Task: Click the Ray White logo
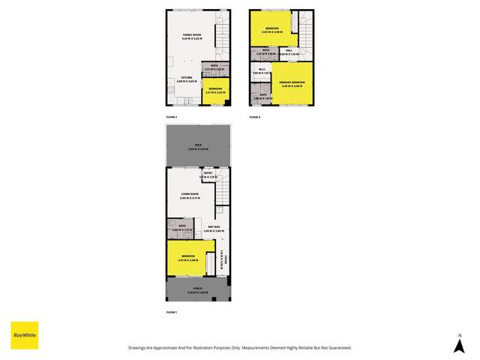coord(24,334)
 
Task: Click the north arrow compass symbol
coord(460,345)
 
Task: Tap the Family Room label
coord(192,36)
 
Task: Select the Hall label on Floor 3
coord(289,52)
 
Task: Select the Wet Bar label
coord(214,228)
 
